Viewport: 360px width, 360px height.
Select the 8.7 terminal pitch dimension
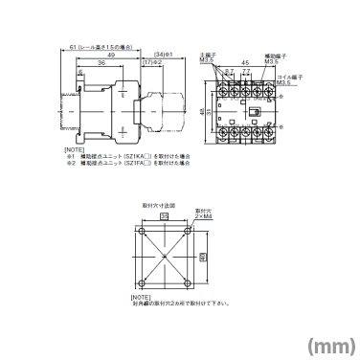pos(230,73)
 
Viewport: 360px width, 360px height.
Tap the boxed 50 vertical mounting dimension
pos(203,257)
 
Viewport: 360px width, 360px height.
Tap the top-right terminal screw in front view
pos(273,89)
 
